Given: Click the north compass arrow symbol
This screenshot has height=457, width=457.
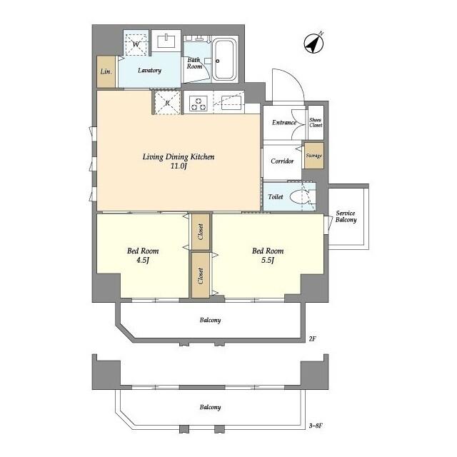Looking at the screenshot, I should [313, 43].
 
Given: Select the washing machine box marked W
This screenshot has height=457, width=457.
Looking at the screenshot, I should [136, 44].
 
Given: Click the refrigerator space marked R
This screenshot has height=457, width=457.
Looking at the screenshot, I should [167, 102].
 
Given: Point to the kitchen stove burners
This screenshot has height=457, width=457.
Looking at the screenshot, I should [198, 103].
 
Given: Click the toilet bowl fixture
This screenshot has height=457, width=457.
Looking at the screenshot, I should [305, 196].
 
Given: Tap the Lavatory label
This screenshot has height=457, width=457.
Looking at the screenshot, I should [150, 71].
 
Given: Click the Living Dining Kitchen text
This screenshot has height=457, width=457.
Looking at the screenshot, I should [179, 156].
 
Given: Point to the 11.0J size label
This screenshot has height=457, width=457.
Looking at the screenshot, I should [179, 166].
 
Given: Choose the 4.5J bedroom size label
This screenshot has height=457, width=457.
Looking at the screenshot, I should [143, 261].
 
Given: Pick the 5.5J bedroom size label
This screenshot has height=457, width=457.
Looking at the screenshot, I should [268, 261].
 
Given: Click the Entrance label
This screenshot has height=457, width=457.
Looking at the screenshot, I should [284, 123].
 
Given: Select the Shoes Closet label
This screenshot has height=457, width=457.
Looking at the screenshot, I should [315, 122].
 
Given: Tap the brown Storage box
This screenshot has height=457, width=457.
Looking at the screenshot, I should [313, 156].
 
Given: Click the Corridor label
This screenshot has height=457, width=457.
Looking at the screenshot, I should [283, 161].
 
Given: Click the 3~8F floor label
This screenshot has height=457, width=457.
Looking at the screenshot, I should [316, 426].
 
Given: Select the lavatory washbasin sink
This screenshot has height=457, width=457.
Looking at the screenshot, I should [168, 41].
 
